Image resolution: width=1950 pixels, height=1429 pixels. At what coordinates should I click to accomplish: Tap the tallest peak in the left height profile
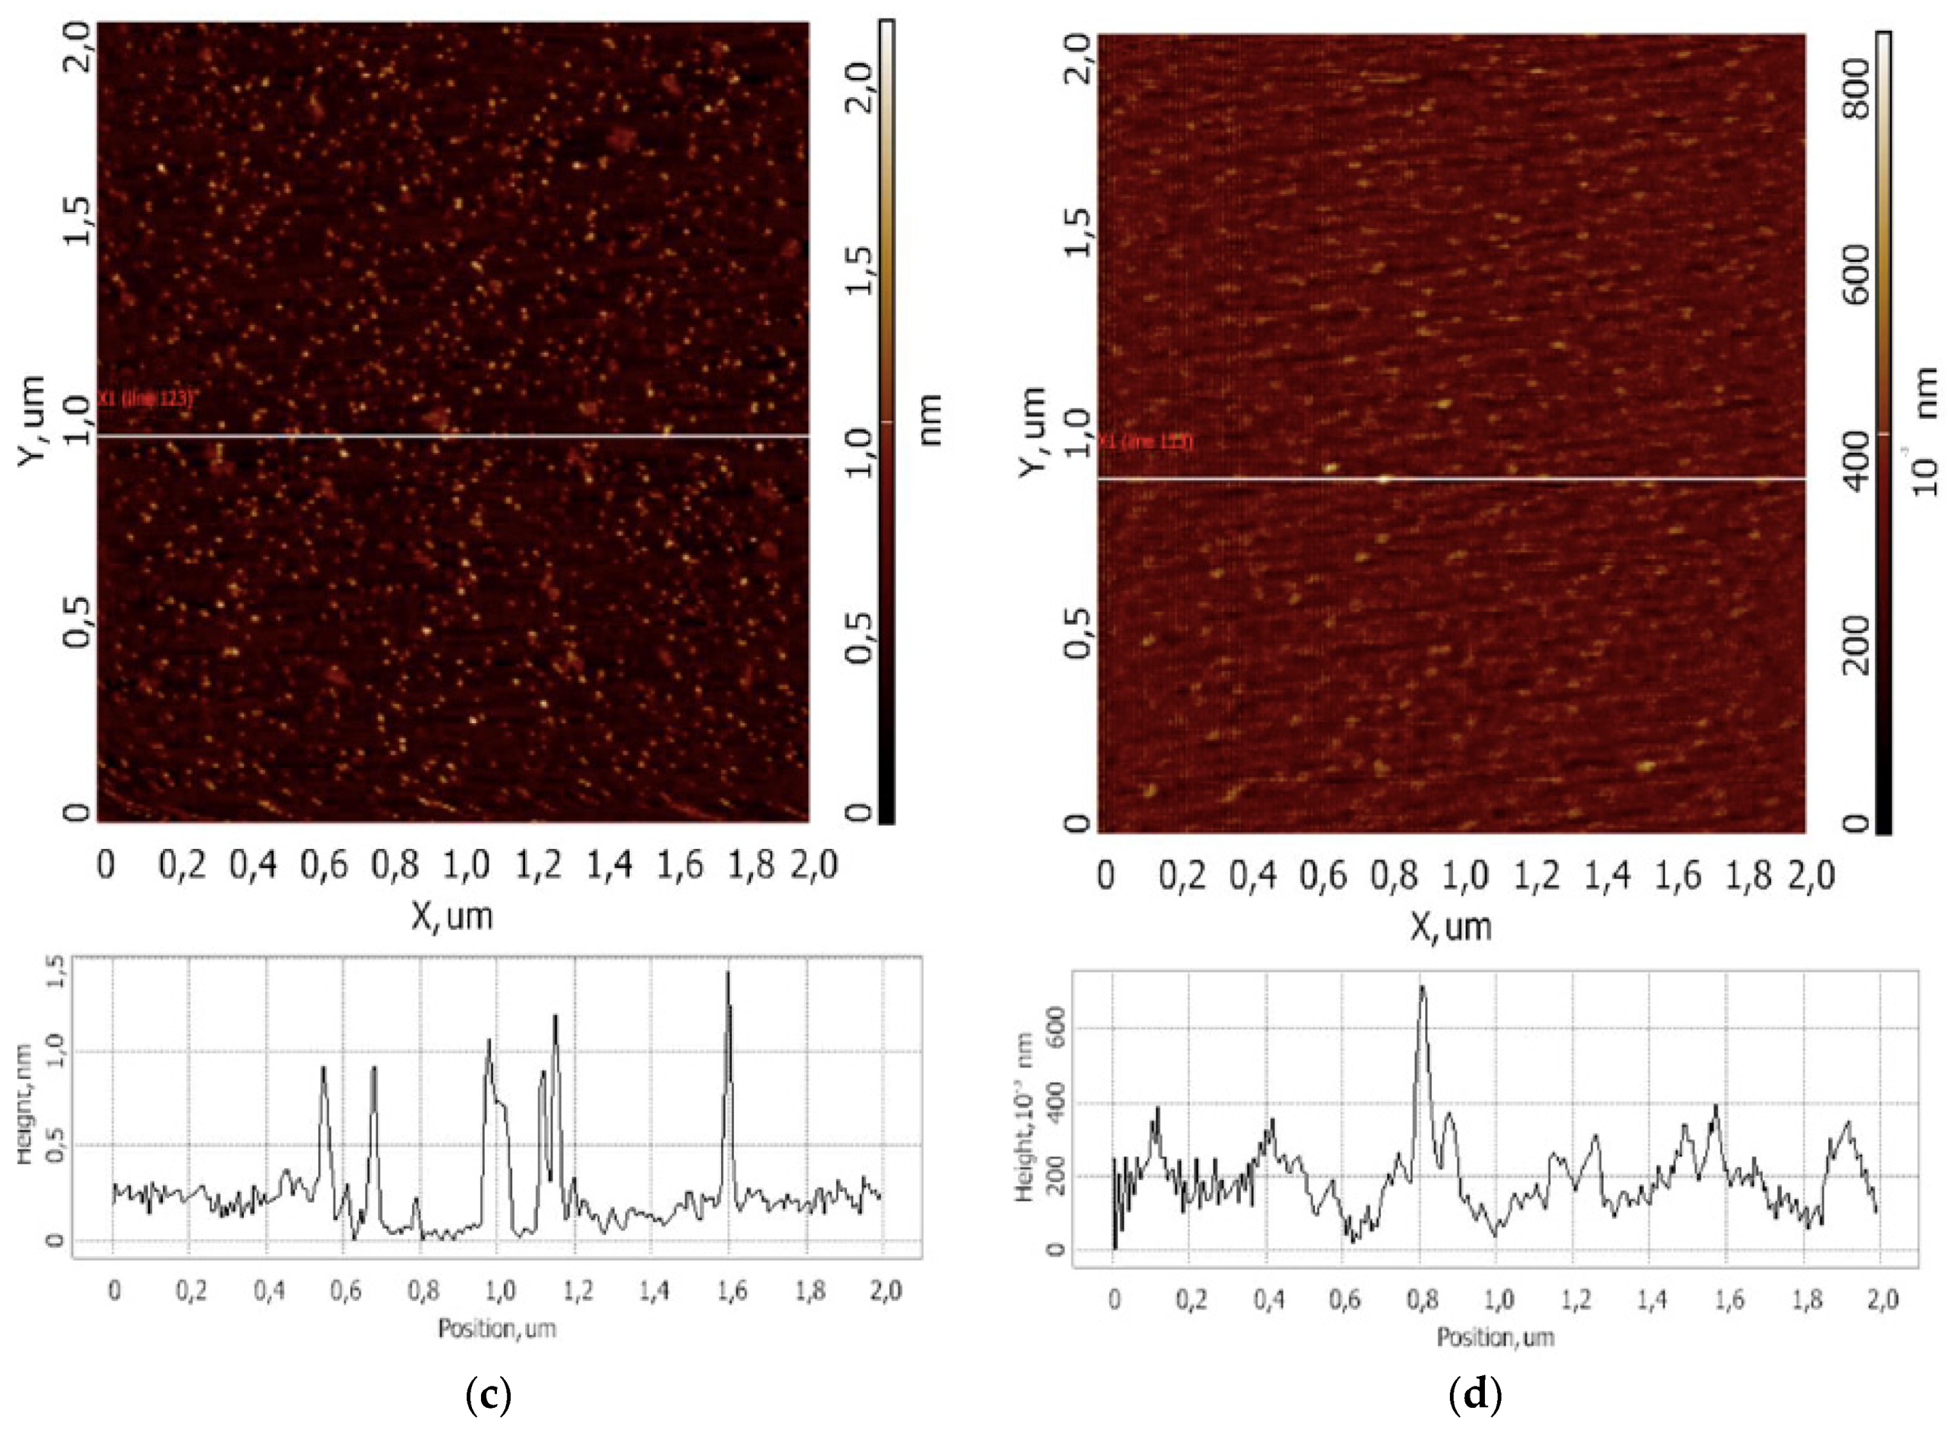point(727,974)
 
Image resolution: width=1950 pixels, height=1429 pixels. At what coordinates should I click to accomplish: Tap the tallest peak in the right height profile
point(1421,987)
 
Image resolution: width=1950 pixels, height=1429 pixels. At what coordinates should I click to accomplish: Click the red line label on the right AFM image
point(1146,443)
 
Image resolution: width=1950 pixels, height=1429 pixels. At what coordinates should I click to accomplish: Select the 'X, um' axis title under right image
point(1451,926)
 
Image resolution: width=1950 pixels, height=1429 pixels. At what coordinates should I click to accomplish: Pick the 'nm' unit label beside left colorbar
point(930,419)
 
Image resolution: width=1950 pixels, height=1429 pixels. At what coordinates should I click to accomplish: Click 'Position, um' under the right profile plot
point(1495,1337)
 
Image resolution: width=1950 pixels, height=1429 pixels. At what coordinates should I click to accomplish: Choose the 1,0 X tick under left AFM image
point(467,864)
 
